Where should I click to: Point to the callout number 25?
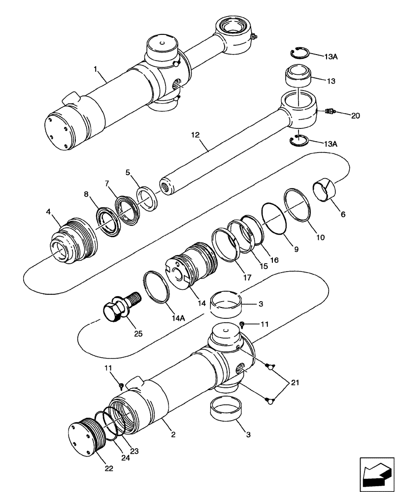click(x=138, y=334)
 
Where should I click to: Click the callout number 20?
click(x=356, y=116)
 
